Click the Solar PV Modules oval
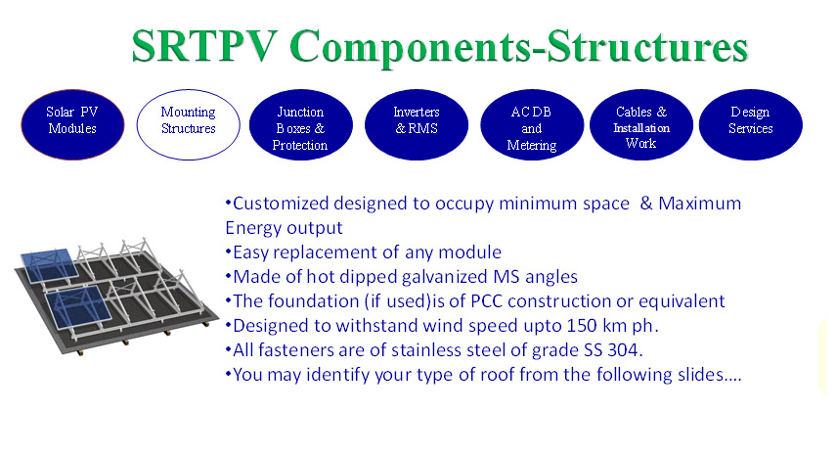[x=72, y=125]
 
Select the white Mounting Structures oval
[x=188, y=125]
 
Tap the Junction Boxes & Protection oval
[x=301, y=125]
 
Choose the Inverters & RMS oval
[x=417, y=125]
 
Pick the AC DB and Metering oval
[x=532, y=125]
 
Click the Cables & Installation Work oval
[x=641, y=125]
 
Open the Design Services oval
[x=751, y=125]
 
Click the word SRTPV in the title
[x=204, y=46]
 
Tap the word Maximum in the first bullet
[x=699, y=204]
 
